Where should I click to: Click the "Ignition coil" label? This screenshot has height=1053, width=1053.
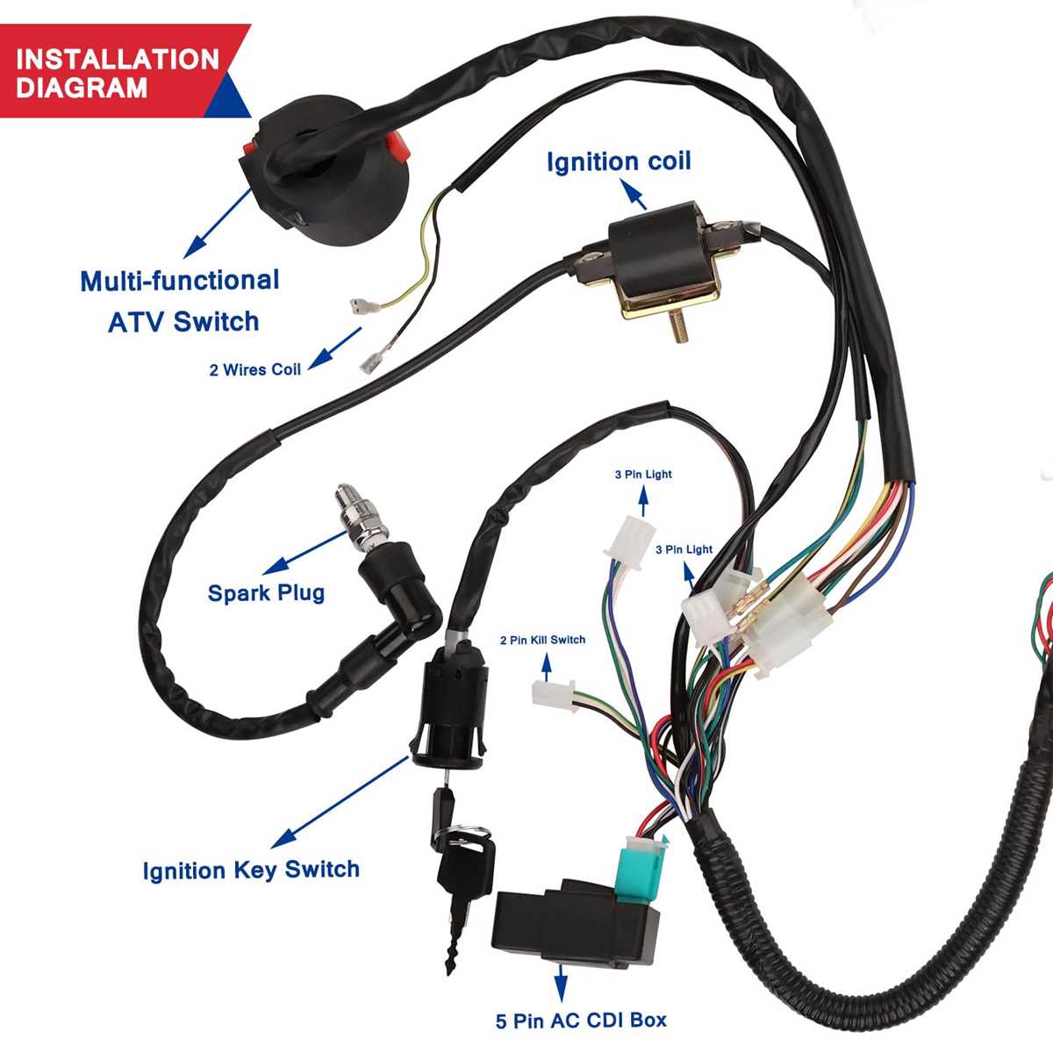pyautogui.click(x=619, y=161)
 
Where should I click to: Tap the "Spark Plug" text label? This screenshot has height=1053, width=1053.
pyautogui.click(x=266, y=593)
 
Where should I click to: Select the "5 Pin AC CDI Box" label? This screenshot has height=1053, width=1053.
pyautogui.click(x=581, y=1021)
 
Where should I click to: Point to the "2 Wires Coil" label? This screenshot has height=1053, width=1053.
pyautogui.click(x=254, y=370)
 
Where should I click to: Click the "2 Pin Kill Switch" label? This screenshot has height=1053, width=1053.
pyautogui.click(x=542, y=640)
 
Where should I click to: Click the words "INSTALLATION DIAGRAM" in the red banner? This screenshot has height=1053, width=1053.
pyautogui.click(x=117, y=74)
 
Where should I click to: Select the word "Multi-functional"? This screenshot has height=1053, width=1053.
pyautogui.click(x=180, y=281)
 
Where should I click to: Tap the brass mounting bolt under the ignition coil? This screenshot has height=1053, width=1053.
pyautogui.click(x=679, y=326)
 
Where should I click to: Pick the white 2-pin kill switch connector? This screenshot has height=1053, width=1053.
pyautogui.click(x=553, y=691)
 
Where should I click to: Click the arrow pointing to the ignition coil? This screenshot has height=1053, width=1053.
pyautogui.click(x=634, y=196)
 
